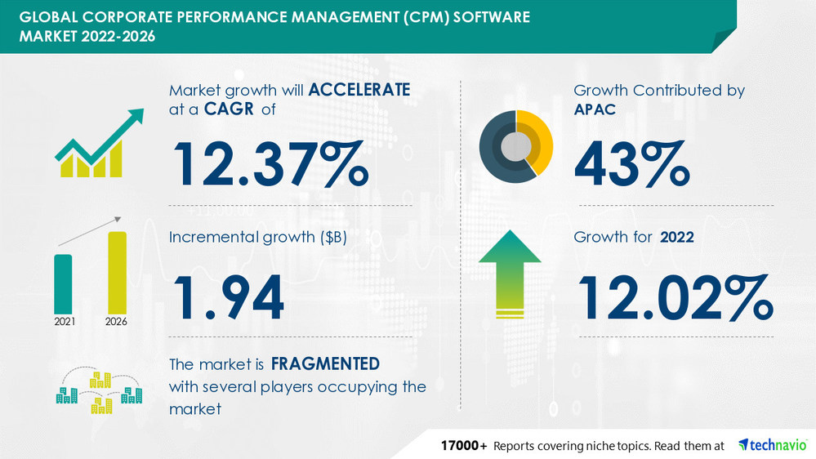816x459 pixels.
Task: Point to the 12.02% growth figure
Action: (x=675, y=298)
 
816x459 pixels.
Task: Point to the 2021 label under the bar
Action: (x=64, y=322)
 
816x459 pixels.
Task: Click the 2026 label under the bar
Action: (x=117, y=322)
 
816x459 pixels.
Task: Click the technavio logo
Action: (x=771, y=445)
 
